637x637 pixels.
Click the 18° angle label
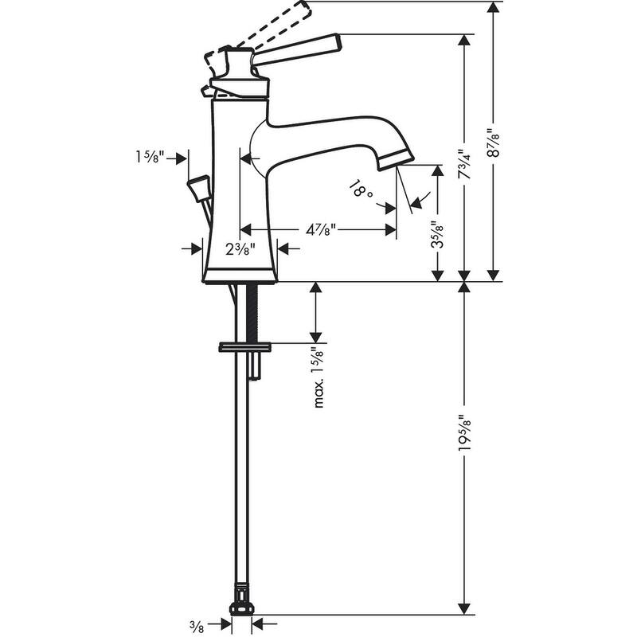[x=361, y=190]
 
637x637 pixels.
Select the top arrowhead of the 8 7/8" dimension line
[x=494, y=7]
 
